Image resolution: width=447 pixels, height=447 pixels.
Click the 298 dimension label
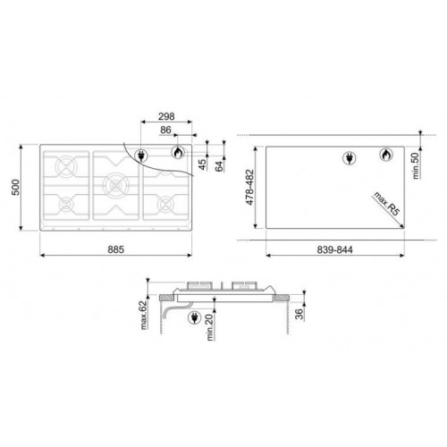pyautogui.click(x=166, y=116)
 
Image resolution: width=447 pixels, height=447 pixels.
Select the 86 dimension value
pyautogui.click(x=165, y=130)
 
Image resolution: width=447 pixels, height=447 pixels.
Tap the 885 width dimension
pyautogui.click(x=116, y=249)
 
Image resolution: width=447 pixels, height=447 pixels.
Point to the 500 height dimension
pyautogui.click(x=15, y=187)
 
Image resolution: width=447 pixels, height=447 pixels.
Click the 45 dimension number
pyautogui.click(x=202, y=164)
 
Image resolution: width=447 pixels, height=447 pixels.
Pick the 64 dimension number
pyautogui.click(x=219, y=166)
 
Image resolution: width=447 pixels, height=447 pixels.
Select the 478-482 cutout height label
pyautogui.click(x=249, y=187)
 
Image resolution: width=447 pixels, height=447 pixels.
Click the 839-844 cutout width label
pyautogui.click(x=334, y=249)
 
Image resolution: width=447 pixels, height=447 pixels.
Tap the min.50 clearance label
pyautogui.click(x=416, y=165)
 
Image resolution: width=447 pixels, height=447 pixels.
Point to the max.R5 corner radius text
pyautogui.click(x=386, y=204)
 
